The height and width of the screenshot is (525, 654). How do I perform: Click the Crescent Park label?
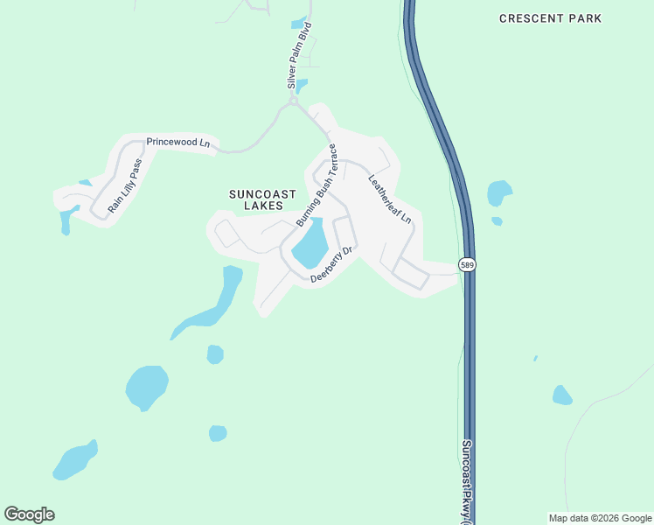pos(563,18)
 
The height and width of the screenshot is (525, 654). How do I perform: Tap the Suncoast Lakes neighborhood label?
pos(262,199)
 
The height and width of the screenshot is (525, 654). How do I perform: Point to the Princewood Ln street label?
pos(178,142)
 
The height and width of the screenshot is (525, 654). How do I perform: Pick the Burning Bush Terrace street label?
pos(316,185)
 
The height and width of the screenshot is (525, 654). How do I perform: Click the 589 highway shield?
pos(469,265)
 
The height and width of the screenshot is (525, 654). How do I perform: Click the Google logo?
pos(29,514)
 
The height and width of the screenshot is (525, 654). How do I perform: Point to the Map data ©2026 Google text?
pos(600,518)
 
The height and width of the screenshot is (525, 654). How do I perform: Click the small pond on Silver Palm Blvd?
pos(302,86)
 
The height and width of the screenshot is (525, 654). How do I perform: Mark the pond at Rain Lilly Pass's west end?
pos(66,219)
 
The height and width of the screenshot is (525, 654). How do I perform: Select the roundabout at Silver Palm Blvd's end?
pos(294,101)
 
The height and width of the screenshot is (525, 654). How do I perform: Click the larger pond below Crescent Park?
pos(498,192)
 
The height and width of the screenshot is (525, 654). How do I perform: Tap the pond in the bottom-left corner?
pos(73,461)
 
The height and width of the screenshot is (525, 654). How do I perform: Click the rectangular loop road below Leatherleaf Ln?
pos(410,274)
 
